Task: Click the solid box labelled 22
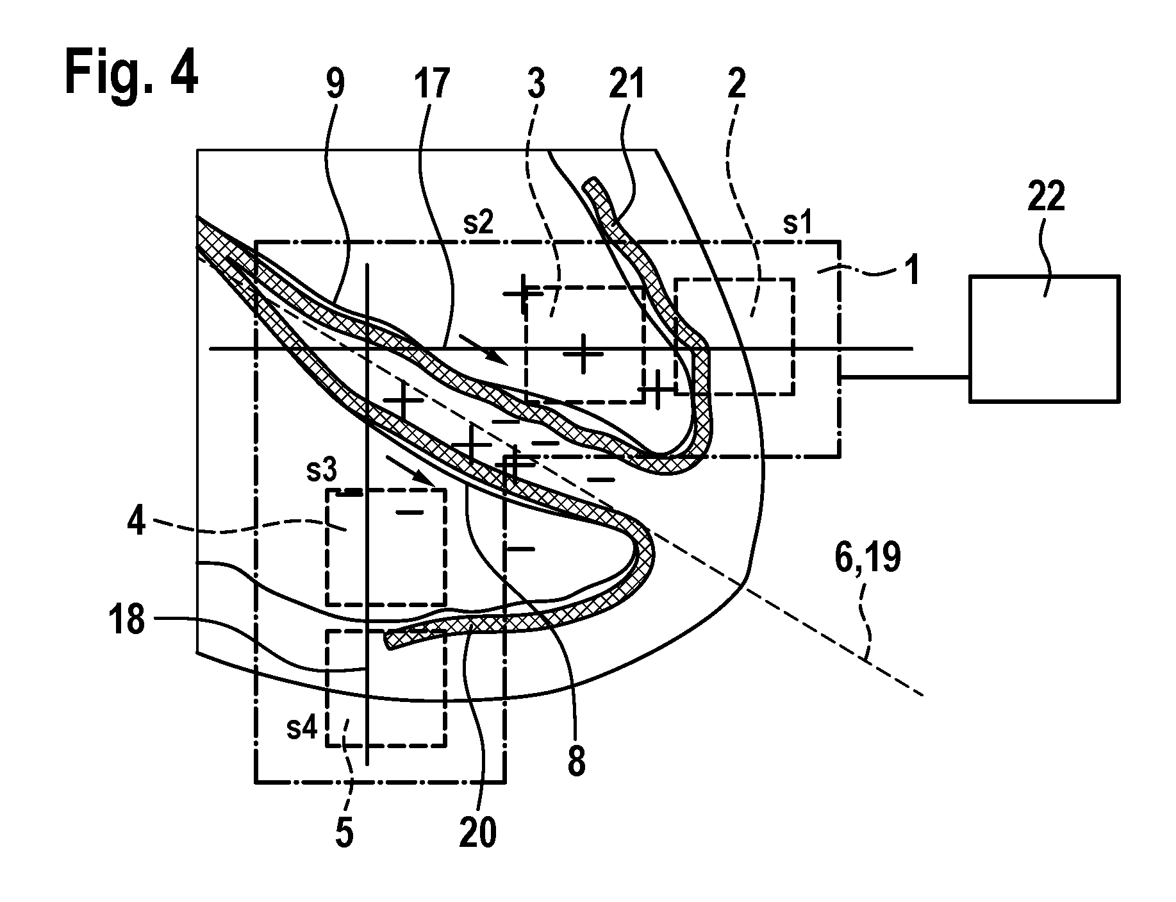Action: (x=1044, y=338)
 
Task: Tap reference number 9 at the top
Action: (x=335, y=83)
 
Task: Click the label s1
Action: (x=798, y=224)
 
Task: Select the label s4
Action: (x=301, y=729)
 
